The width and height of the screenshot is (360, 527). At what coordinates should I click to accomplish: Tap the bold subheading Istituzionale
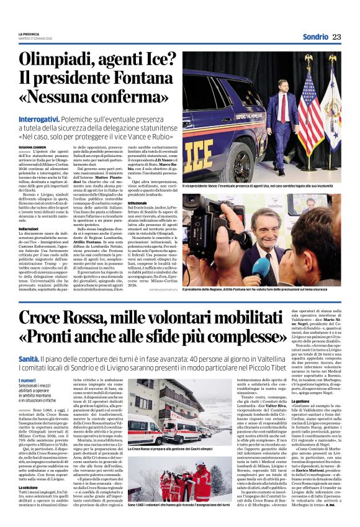click(x=195, y=203)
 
